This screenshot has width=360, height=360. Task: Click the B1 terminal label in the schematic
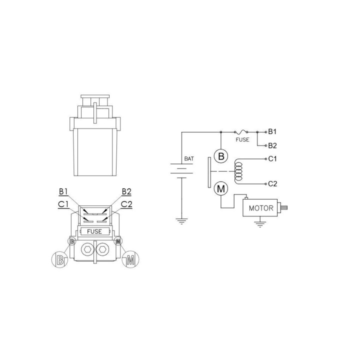(272, 132)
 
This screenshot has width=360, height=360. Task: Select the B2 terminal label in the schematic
(272, 145)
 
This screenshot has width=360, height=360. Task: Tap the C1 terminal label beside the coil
(272, 158)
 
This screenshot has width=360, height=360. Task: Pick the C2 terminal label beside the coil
(272, 183)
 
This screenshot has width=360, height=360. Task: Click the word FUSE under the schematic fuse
(242, 139)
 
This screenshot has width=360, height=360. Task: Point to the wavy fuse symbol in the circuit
(241, 132)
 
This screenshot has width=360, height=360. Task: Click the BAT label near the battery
(189, 158)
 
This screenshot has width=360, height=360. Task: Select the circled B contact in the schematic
(221, 156)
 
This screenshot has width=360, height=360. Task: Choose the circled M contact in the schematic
(221, 188)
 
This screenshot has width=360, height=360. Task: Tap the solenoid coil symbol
(238, 171)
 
